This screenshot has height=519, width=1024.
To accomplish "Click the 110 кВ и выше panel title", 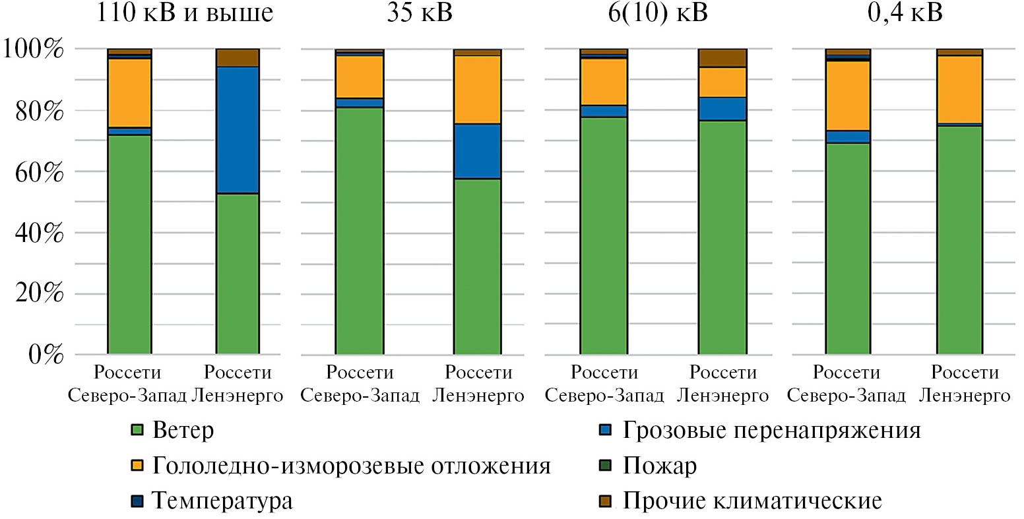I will coord(185,13).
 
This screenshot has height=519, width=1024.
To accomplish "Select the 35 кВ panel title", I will coord(420,13).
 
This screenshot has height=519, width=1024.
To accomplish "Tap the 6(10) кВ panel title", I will coord(657,13).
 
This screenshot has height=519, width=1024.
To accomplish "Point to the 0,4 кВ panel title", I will coord(905,13).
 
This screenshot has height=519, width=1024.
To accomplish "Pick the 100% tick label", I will coord(34,49).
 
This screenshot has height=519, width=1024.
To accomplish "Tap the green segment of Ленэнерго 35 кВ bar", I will coord(477,266).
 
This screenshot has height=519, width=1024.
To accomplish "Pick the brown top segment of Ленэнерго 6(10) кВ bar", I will coord(722,58).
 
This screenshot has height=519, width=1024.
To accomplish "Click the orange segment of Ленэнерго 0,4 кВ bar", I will coord(959,90).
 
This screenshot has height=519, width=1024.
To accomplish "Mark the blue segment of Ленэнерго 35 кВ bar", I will coord(477,151).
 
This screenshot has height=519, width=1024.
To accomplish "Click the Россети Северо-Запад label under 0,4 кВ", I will coord(847,384).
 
